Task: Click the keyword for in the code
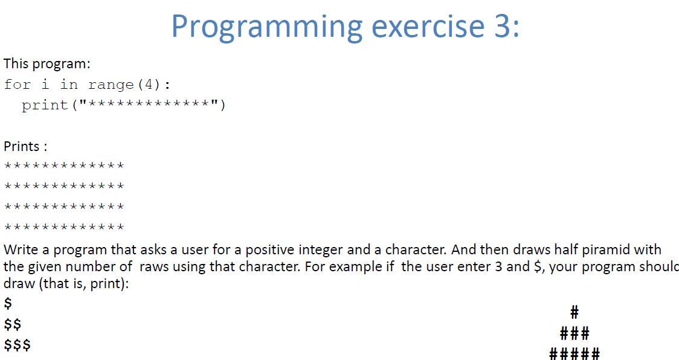17,85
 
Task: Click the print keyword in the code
45,105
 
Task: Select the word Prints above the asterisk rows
22,146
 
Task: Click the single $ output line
8,303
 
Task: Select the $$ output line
13,324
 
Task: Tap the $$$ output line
17,346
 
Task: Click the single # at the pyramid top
574,312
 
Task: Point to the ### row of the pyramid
574,333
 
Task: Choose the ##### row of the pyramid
574,353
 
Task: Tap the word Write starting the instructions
21,249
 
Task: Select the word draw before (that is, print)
19,283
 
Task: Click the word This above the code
16,63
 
